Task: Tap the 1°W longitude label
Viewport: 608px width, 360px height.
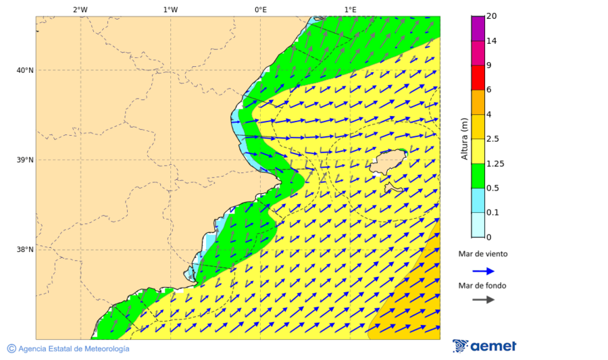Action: pyautogui.click(x=170, y=9)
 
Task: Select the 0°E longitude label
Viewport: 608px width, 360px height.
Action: pyautogui.click(x=260, y=9)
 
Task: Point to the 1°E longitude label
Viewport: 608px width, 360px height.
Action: pyautogui.click(x=350, y=9)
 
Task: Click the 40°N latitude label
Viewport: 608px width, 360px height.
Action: pyautogui.click(x=25, y=70)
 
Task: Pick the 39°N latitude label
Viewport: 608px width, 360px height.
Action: pyautogui.click(x=25, y=160)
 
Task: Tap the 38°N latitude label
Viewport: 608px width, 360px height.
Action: pyautogui.click(x=25, y=250)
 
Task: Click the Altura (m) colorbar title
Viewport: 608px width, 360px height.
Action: pyautogui.click(x=464, y=138)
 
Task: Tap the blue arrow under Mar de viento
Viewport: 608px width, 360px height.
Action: pyautogui.click(x=483, y=271)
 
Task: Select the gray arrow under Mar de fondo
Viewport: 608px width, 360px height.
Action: pyautogui.click(x=483, y=300)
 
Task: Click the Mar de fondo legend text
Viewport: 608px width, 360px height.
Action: pyautogui.click(x=482, y=286)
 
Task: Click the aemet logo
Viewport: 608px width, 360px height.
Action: pyautogui.click(x=484, y=346)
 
